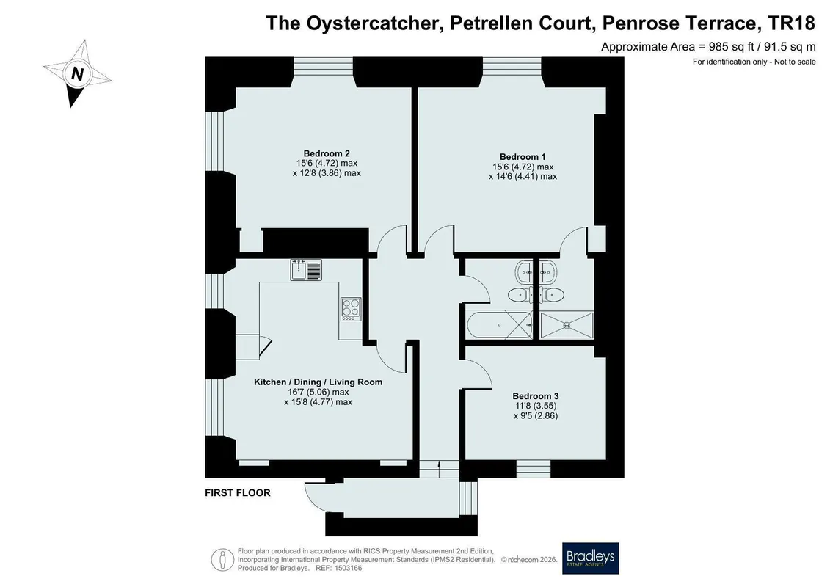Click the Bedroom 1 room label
pyautogui.click(x=523, y=157)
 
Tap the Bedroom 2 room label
pyautogui.click(x=327, y=154)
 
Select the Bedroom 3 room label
pyautogui.click(x=535, y=396)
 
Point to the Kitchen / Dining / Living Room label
pyautogui.click(x=318, y=382)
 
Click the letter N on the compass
pyautogui.click(x=77, y=73)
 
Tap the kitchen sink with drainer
pyautogui.click(x=306, y=270)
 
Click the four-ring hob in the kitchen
pyautogui.click(x=351, y=309)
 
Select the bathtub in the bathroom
pyautogui.click(x=500, y=325)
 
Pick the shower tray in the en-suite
pyautogui.click(x=567, y=325)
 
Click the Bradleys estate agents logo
pyautogui.click(x=590, y=558)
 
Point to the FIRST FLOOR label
pyautogui.click(x=238, y=493)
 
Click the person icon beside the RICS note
pyautogui.click(x=223, y=559)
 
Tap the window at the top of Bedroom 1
pyautogui.click(x=512, y=64)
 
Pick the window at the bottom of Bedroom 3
pyautogui.click(x=534, y=468)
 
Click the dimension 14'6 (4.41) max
pyautogui.click(x=523, y=176)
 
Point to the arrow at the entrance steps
pyautogui.click(x=439, y=464)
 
